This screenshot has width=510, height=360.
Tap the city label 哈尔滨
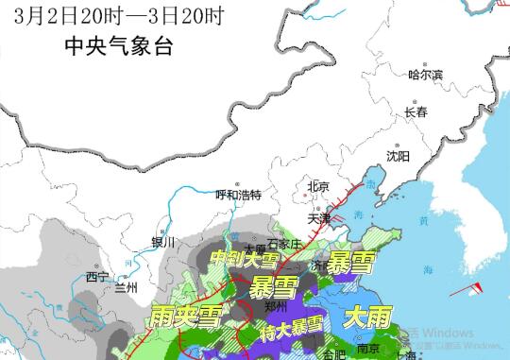424,75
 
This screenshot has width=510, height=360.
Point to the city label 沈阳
398,155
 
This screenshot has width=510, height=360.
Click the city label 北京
318,187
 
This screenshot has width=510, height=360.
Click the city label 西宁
97,277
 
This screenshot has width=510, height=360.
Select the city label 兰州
127,286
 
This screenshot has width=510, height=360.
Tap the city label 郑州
249,308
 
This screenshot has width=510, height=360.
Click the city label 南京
368,349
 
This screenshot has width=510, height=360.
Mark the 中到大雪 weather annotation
244,258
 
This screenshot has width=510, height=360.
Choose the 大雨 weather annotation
366,318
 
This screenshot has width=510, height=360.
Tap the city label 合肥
335,355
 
